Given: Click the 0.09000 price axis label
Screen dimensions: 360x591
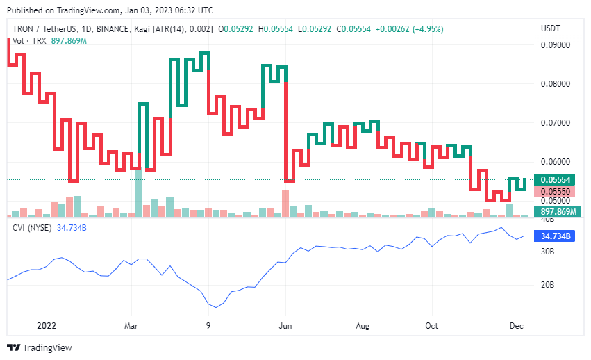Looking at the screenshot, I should pos(556,45).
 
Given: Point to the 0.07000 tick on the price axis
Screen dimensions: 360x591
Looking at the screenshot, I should pos(556,123).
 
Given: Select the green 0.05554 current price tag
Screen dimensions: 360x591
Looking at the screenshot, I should pos(556,180).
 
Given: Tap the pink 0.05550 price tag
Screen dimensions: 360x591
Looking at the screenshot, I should pos(556,192).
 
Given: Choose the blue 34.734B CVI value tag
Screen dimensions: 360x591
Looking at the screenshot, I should pos(556,236).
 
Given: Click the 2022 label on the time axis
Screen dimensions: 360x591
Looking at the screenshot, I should pos(47,325).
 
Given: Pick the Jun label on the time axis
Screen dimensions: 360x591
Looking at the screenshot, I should pos(284,325).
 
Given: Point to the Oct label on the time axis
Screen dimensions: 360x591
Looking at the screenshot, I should pos(432,325).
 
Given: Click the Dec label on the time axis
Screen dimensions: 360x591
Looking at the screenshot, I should pos(515,325).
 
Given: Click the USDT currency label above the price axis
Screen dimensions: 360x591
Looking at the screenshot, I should pos(549,28).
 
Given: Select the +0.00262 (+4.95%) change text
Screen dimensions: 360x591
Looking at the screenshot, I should pos(409,29).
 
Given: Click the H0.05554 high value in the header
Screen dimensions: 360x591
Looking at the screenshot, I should pos(276,29).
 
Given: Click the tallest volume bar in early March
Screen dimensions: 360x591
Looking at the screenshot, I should pos(139,193).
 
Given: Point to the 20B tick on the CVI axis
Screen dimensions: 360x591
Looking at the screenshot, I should pos(548,285).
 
